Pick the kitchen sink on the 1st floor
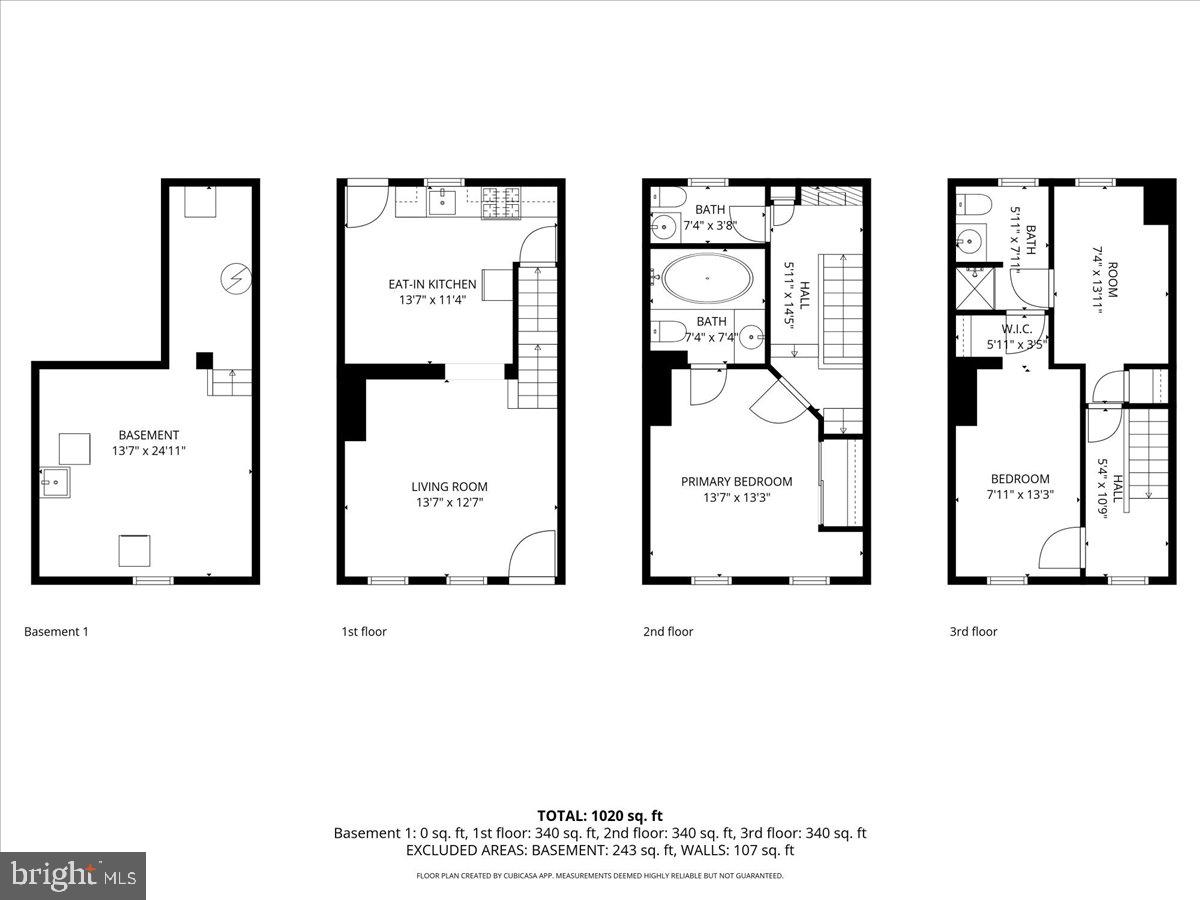click(442, 202)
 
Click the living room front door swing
click(533, 555)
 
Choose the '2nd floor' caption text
click(668, 631)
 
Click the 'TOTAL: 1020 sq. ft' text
click(600, 816)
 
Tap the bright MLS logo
click(73, 876)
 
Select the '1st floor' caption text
click(364, 631)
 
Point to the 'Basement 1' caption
click(56, 631)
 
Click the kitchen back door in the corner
click(363, 205)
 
